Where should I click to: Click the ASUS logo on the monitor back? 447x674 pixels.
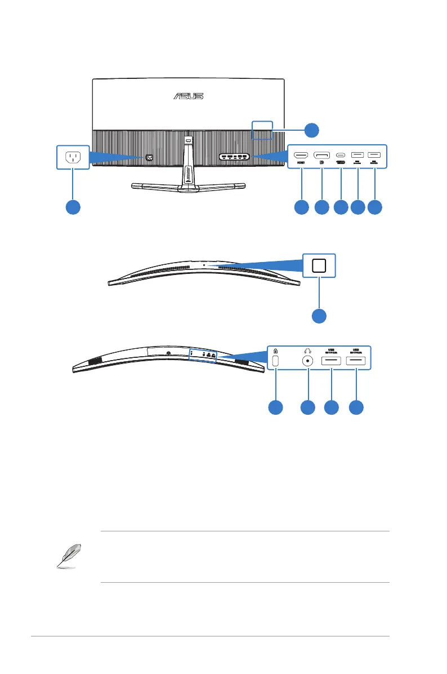click(188, 96)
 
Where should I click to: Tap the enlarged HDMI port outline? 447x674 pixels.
click(301, 155)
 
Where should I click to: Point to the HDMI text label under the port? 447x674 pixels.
click(301, 164)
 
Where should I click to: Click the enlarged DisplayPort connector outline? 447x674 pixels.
click(322, 155)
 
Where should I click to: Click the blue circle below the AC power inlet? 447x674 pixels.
click(72, 207)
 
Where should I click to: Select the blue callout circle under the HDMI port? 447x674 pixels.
click(301, 207)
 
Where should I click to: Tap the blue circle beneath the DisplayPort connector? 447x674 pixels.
click(321, 207)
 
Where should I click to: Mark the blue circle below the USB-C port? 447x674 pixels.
click(341, 207)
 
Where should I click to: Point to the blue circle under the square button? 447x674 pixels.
click(319, 315)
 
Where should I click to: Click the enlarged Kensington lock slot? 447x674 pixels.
click(276, 361)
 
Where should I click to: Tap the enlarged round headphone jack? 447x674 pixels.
click(307, 362)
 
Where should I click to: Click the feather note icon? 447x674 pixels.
click(72, 557)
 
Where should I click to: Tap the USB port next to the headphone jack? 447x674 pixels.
click(332, 361)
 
